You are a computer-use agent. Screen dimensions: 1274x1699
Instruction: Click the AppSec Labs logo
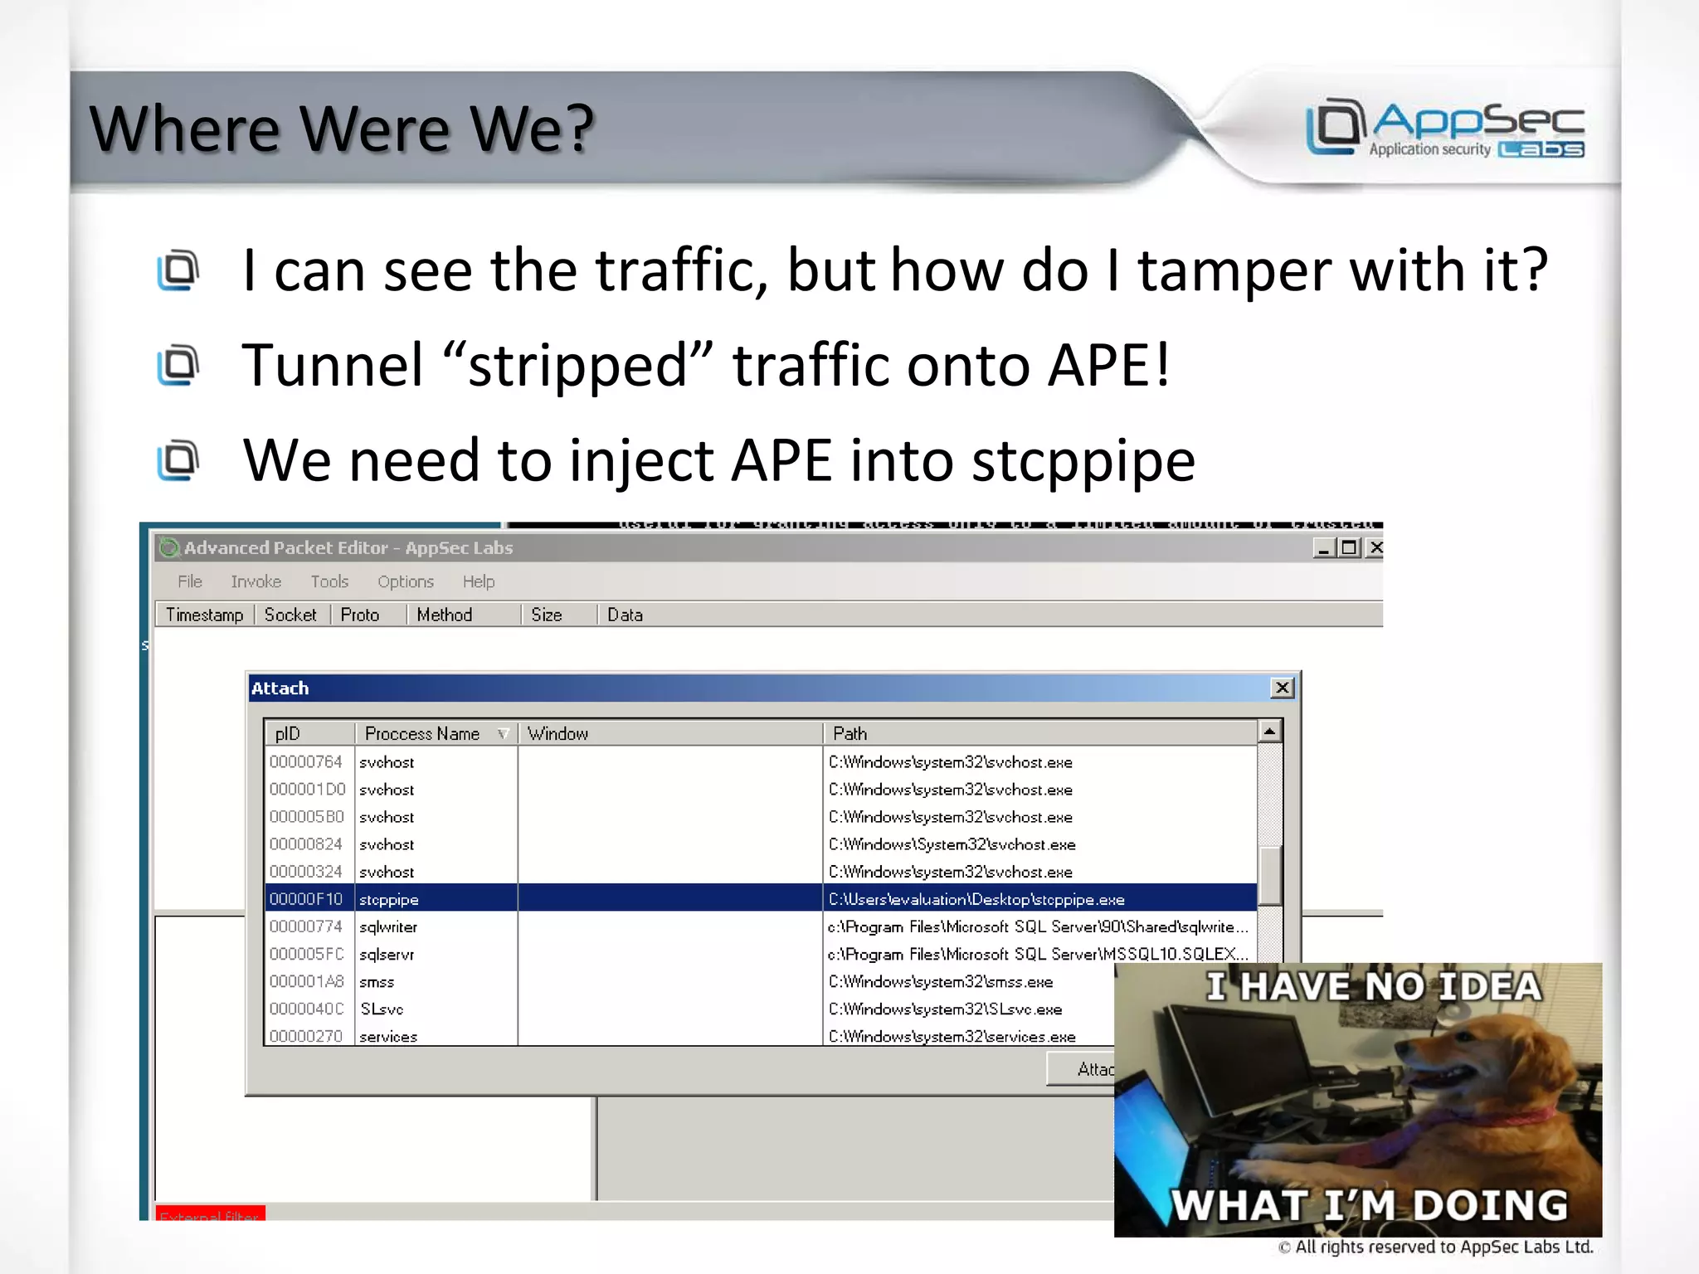[1444, 128]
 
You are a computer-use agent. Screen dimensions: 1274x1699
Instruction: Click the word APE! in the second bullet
[1108, 365]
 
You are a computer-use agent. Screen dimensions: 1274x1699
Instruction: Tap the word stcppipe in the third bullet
[1083, 460]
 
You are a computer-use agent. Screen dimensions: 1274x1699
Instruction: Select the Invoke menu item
[256, 581]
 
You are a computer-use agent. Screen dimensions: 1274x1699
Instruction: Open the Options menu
[405, 581]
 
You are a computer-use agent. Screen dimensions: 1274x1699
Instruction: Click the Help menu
[478, 581]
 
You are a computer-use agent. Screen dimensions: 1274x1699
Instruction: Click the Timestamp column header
[204, 615]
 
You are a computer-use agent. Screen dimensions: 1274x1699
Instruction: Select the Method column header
[445, 615]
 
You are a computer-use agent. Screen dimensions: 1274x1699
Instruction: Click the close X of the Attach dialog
[1282, 688]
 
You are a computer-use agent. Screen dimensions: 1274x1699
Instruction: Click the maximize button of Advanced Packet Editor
[1349, 547]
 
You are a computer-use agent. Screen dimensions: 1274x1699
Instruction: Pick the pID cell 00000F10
[305, 899]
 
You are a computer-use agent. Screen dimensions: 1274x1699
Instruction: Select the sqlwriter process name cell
[388, 926]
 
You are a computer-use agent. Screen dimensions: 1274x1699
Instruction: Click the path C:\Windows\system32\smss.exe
[941, 981]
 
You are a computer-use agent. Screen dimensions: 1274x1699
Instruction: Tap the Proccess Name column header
[422, 733]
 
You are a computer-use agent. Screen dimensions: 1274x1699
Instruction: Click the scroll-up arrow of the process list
[1269, 731]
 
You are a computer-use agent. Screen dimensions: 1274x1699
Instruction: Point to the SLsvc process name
[382, 1009]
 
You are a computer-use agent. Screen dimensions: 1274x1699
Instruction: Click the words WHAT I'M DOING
[1369, 1205]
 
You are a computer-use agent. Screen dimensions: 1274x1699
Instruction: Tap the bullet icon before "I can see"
[178, 270]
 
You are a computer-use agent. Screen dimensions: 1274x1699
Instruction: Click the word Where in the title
[184, 129]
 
